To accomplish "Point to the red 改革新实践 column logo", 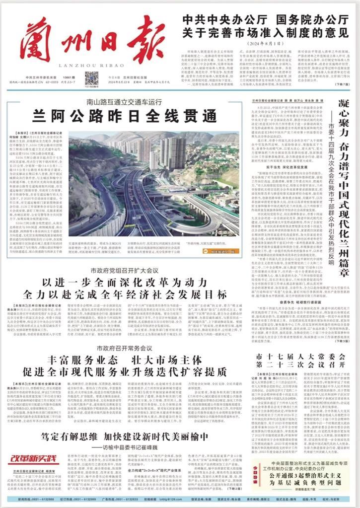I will [35, 459].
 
